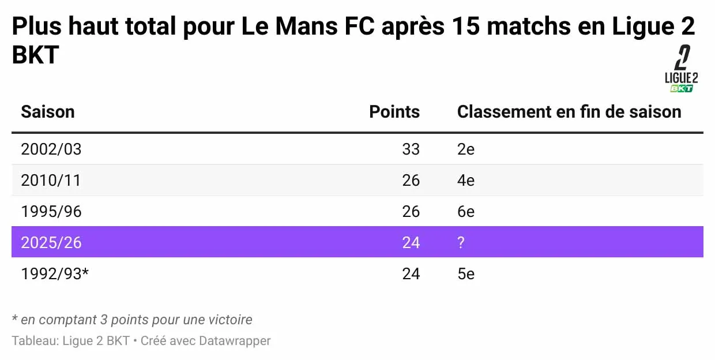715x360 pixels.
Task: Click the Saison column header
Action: (48, 111)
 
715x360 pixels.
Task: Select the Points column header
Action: (394, 111)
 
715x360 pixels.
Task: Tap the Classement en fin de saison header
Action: (569, 111)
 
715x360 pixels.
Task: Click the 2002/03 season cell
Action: (51, 149)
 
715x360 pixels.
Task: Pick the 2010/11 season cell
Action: (51, 181)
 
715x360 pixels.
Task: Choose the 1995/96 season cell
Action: (51, 212)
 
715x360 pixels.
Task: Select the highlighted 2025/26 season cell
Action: (51, 242)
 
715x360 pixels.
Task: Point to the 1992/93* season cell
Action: (55, 273)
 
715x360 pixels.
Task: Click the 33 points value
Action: (411, 149)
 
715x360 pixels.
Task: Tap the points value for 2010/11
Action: (411, 181)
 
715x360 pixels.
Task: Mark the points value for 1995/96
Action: (411, 212)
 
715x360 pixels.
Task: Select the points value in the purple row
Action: (411, 242)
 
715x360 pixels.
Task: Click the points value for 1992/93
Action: (411, 273)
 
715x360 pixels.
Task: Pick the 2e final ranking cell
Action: (465, 149)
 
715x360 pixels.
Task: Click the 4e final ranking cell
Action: (465, 181)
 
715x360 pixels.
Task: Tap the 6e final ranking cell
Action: (465, 212)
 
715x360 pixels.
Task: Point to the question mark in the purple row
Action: (461, 242)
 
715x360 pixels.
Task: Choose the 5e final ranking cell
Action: (465, 273)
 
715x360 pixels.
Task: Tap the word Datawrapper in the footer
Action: (235, 341)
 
